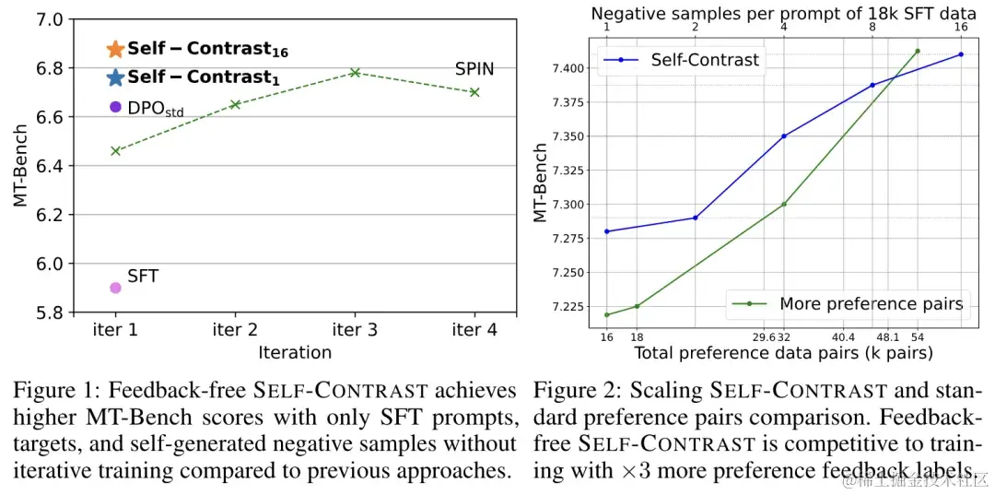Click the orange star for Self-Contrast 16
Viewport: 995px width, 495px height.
(x=114, y=49)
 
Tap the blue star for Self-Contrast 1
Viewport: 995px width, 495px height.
(x=114, y=78)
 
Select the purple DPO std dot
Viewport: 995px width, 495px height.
(x=115, y=107)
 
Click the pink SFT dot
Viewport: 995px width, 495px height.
(x=115, y=288)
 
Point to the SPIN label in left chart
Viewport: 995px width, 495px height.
(x=474, y=69)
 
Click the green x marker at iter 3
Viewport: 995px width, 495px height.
(x=355, y=72)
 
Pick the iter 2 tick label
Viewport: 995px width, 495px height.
(x=235, y=330)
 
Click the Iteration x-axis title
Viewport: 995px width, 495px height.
(x=295, y=352)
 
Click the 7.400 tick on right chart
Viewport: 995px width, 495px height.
(x=571, y=68)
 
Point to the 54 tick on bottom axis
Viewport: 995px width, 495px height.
(x=918, y=338)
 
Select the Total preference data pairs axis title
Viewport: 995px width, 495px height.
(x=783, y=353)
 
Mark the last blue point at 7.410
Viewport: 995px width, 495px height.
(x=961, y=54)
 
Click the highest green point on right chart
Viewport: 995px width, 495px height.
(x=918, y=51)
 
